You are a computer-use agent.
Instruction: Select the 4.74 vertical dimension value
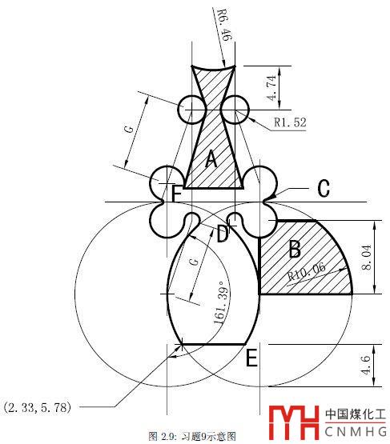(271, 88)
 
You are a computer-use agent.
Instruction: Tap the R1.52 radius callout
(290, 122)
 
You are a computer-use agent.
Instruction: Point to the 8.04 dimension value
(367, 257)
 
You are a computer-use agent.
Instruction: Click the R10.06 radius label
(307, 271)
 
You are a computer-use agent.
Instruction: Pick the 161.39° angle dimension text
(221, 306)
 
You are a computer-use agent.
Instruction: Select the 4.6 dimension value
(366, 366)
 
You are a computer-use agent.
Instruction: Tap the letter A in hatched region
(211, 159)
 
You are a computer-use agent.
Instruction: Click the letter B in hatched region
(295, 249)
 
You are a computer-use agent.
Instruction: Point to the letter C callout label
(324, 188)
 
